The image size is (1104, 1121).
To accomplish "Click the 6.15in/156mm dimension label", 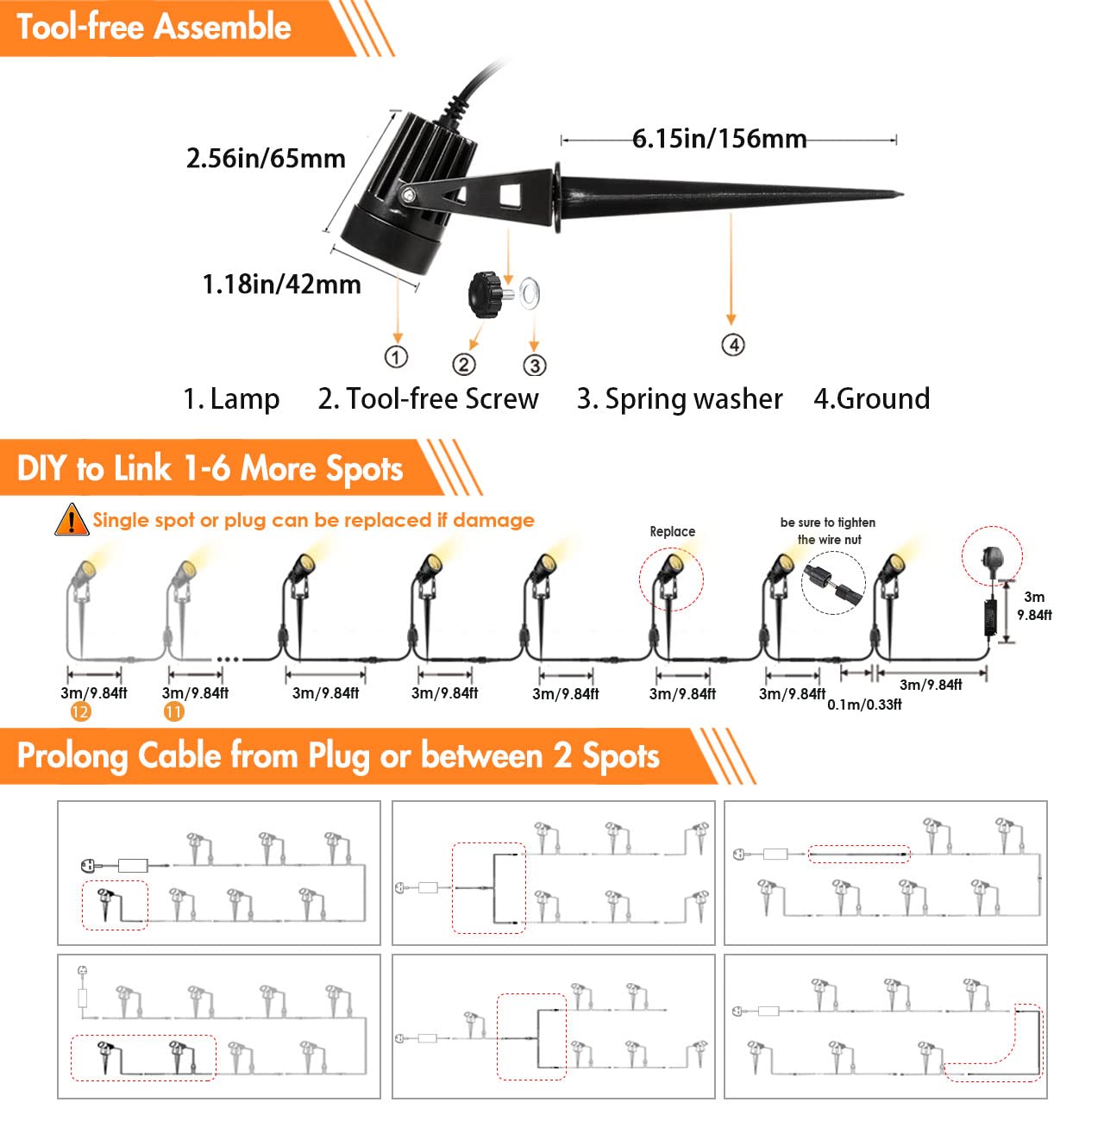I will coord(718,139).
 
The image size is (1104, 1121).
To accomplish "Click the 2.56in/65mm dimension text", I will coord(266,159).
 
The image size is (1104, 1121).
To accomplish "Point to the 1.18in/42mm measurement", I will coord(281,285).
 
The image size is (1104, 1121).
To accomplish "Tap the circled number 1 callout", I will coord(396,357).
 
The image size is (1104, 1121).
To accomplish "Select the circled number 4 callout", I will coord(732,345).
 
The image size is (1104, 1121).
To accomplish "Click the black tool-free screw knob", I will coord(486,294).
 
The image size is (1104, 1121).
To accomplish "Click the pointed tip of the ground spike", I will coord(899,195).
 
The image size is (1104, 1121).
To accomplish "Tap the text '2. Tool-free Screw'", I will coord(428,399).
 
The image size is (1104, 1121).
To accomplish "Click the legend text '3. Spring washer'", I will coord(680,399).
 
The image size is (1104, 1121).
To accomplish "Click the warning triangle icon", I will coord(71,520).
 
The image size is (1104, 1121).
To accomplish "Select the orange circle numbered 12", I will coord(80,711).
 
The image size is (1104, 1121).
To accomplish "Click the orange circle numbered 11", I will coord(174,711).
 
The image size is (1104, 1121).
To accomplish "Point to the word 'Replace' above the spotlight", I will coord(672,531).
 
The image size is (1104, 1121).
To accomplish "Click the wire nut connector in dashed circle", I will coord(833,583).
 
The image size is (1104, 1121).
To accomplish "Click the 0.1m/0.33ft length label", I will coord(864,705).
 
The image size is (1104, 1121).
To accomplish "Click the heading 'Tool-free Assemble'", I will coord(154,27).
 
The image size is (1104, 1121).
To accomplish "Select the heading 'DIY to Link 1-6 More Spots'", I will coord(210,468).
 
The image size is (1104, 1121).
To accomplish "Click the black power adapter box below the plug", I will coord(991,618).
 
